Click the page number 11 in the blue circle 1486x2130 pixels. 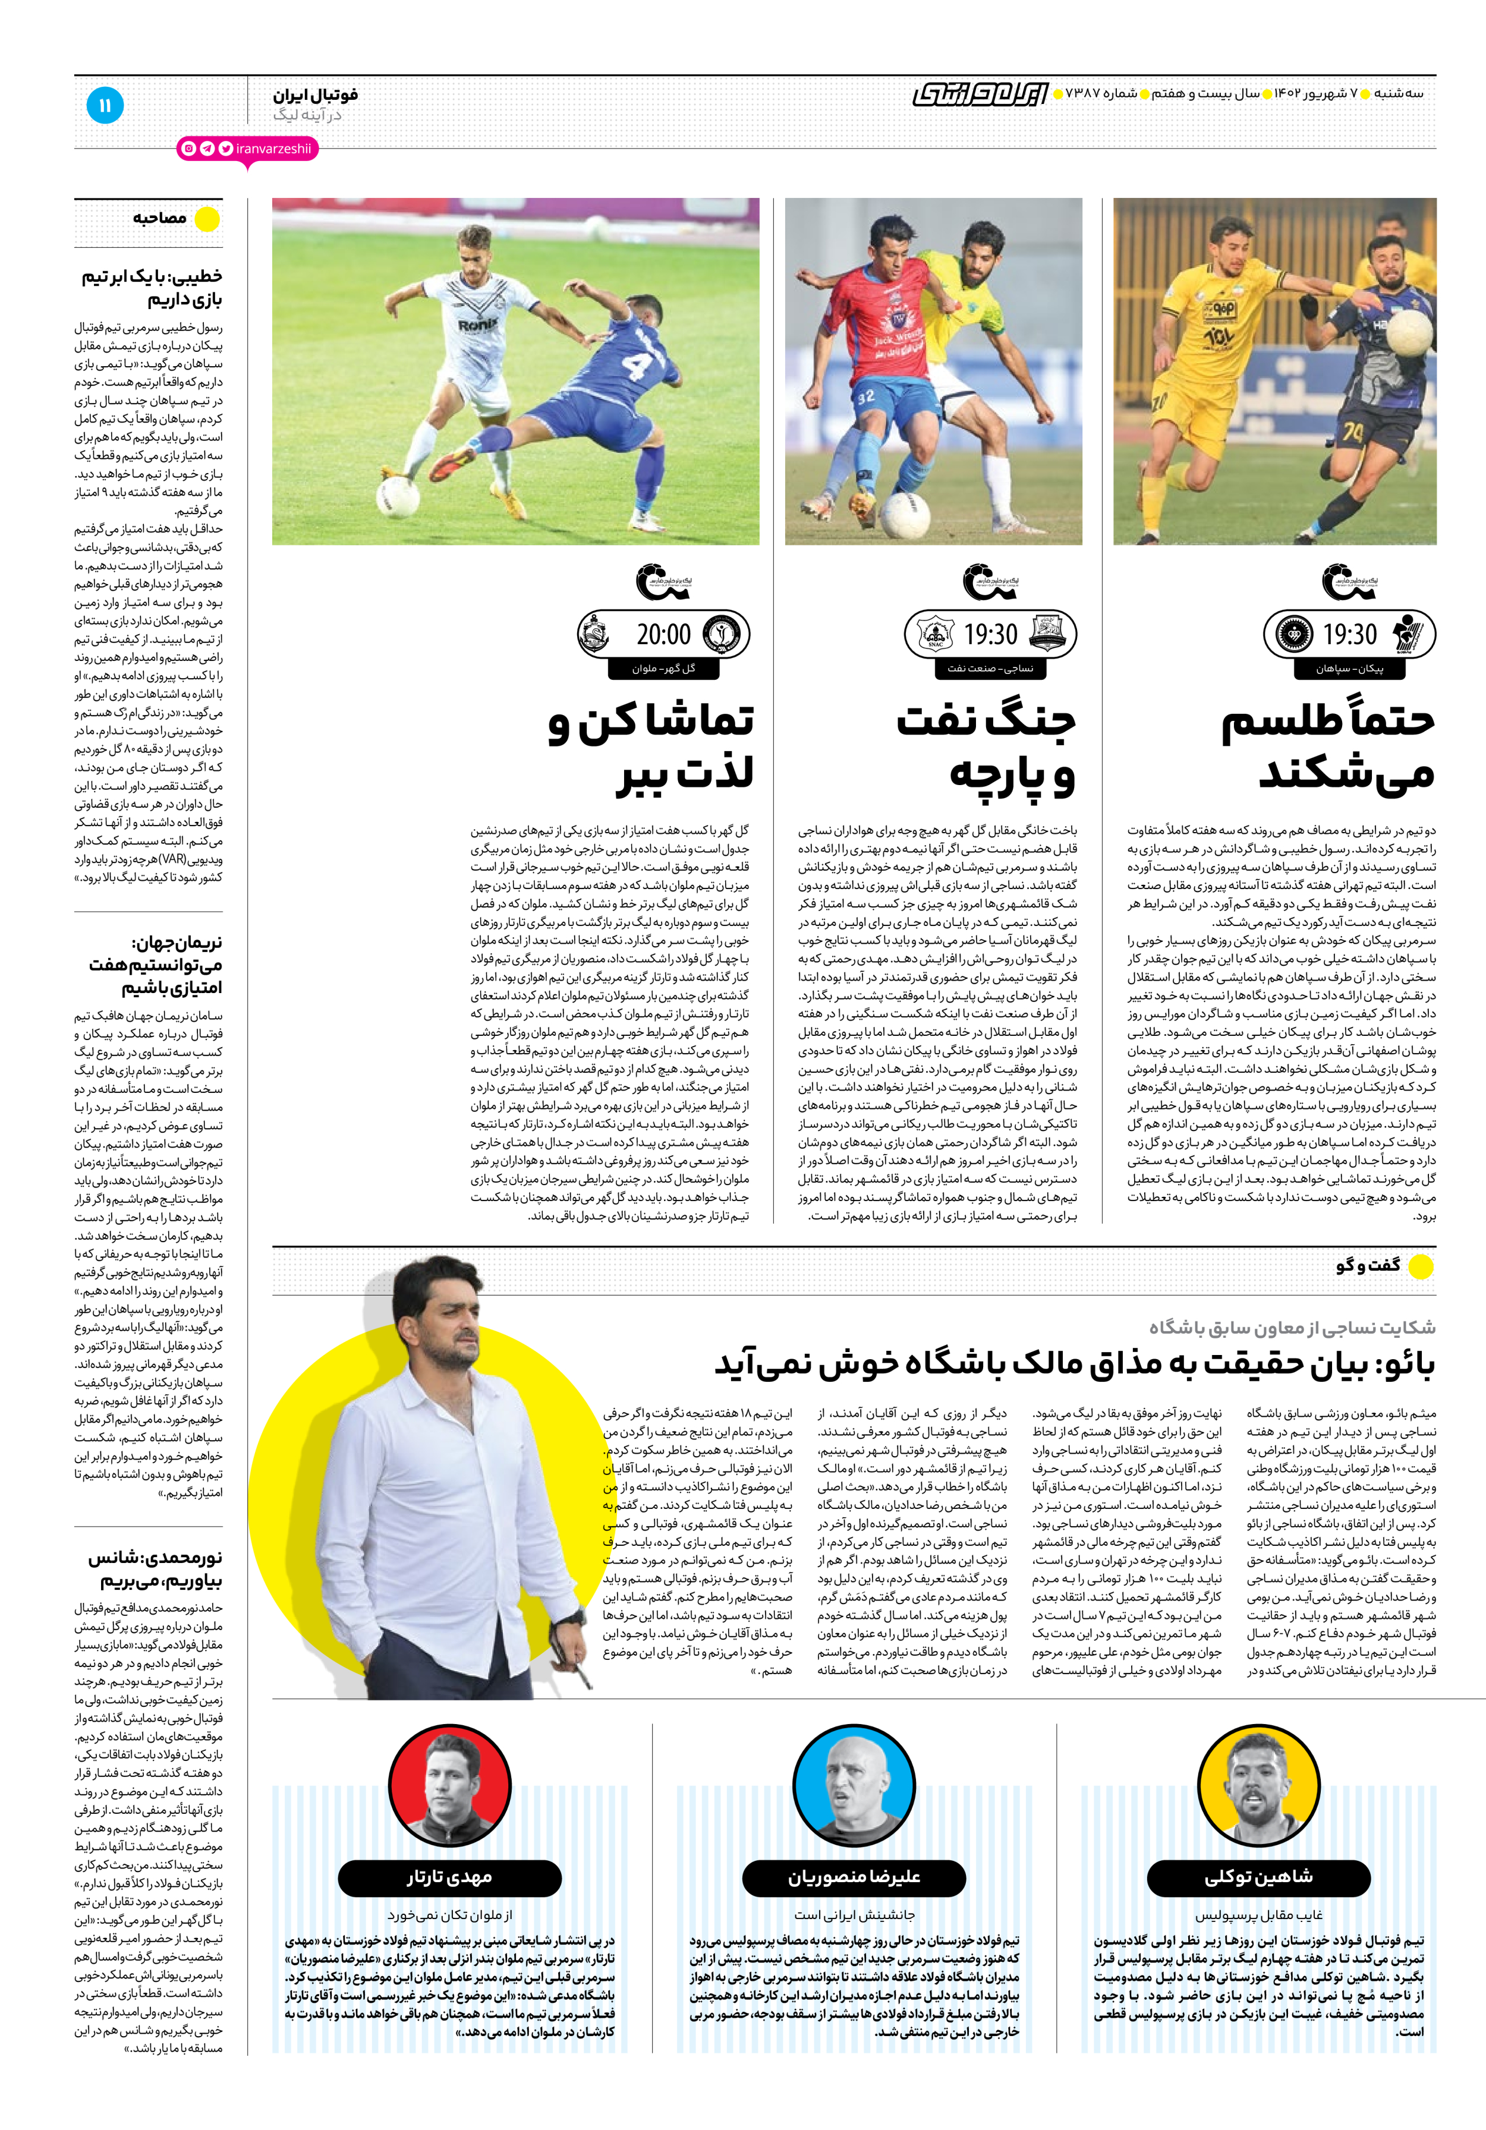tap(105, 106)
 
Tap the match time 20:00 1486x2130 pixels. tap(663, 635)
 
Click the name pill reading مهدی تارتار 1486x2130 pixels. tap(449, 1877)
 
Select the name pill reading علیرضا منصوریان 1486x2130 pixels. tap(854, 1877)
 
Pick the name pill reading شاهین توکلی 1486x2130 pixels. tap(1259, 1877)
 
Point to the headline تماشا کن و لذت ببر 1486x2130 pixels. tap(651, 747)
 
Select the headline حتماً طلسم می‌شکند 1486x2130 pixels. tap(1328, 747)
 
